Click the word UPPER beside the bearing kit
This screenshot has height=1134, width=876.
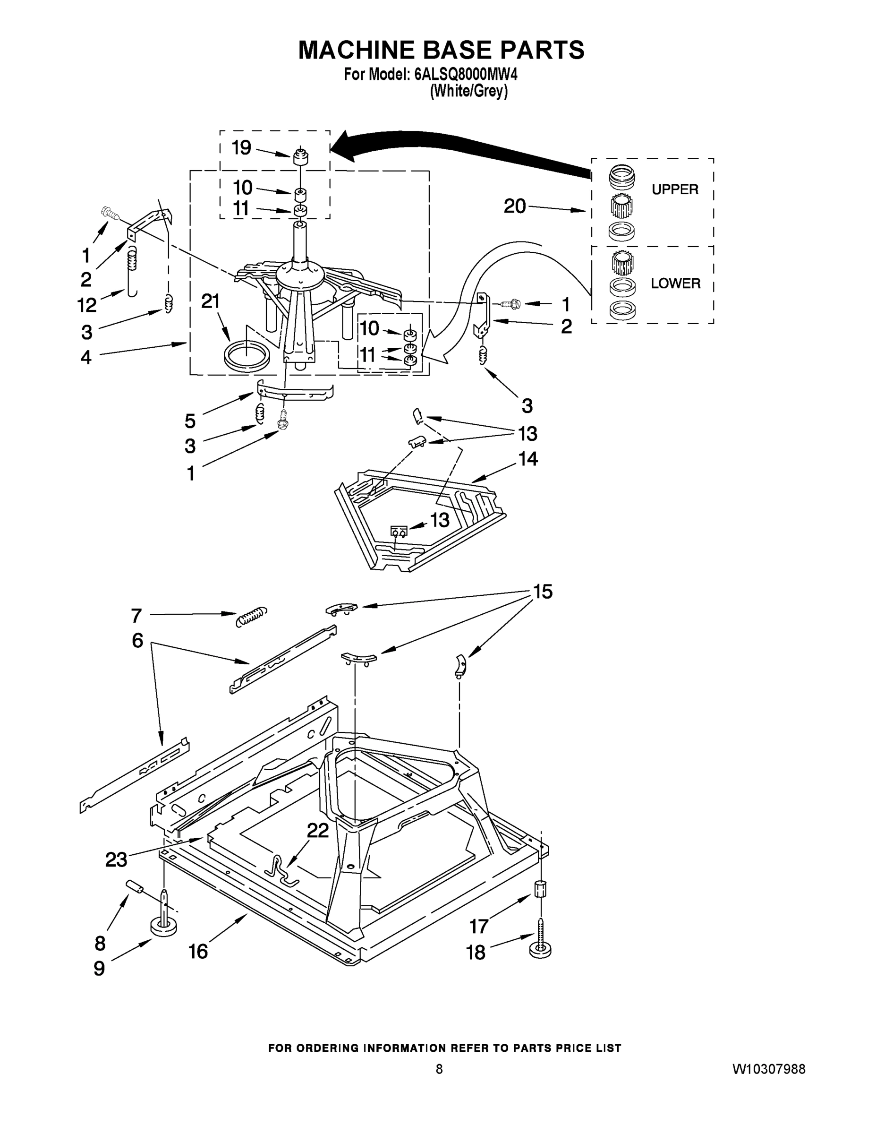pos(675,189)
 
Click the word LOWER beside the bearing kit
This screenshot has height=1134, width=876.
pos(675,283)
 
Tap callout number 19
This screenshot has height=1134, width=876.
pos(241,148)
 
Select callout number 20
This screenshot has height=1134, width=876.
pos(515,206)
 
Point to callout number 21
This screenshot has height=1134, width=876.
pos(211,301)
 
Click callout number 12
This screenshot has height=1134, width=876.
pos(87,305)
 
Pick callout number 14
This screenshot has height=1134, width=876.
pos(528,458)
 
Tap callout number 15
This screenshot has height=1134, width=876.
pos(543,592)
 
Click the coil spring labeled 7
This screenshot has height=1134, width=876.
pos(252,615)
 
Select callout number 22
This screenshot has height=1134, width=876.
pos(318,831)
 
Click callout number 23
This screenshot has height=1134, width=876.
pos(116,860)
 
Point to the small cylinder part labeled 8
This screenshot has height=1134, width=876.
pos(135,886)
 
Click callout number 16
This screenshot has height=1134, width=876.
pos(198,951)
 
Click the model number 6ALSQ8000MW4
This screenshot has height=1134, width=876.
pos(466,75)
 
